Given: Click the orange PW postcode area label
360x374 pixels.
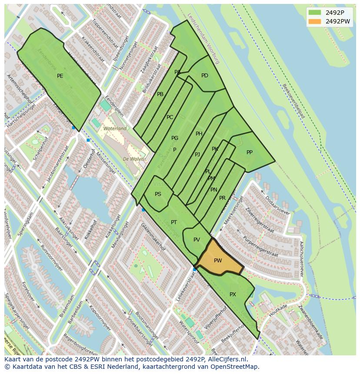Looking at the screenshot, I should tap(218, 261).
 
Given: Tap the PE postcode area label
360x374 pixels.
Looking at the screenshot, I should tap(60, 76).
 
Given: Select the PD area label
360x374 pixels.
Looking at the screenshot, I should tap(205, 76).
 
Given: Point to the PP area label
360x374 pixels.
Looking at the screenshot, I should tap(250, 152).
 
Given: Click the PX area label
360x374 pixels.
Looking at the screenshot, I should tap(233, 295).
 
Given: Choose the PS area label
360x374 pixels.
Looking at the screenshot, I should tap(158, 194).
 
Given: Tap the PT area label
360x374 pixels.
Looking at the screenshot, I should tap(174, 222).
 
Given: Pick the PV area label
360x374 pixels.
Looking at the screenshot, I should tap(197, 240).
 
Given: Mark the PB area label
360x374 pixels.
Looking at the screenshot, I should tap(160, 94).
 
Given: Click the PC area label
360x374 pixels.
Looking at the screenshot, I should tap(170, 117).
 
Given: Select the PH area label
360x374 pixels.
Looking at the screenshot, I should tap(199, 134).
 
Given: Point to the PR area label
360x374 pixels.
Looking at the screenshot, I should tap(223, 198).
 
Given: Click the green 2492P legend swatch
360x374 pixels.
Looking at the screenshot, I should tap(315, 13).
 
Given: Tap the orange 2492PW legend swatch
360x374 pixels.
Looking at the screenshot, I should tap(315, 21).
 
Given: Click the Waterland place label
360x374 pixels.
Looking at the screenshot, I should tap(115, 129).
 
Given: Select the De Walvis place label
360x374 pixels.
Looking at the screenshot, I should tap(134, 159).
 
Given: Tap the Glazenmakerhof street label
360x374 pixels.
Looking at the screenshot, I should tap(153, 237).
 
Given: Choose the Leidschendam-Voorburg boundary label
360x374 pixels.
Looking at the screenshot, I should tap(203, 38).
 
